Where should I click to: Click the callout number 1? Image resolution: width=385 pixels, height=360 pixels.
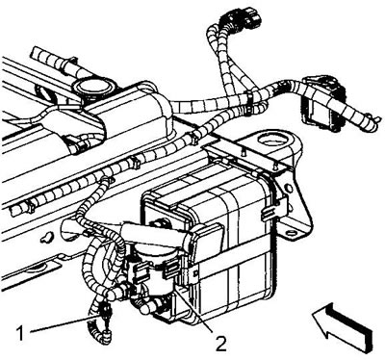[20, 334]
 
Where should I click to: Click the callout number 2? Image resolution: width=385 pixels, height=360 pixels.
[221, 344]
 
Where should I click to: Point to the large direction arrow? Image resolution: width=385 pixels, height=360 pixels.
[343, 326]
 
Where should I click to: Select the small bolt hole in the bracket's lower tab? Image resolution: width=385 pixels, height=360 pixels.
[293, 233]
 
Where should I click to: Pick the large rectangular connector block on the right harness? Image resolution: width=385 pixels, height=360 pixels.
[322, 103]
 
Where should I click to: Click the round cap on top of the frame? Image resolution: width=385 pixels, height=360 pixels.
[92, 86]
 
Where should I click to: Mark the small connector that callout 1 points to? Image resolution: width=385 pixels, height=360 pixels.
[106, 312]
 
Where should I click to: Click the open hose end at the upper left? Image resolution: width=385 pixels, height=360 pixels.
[35, 54]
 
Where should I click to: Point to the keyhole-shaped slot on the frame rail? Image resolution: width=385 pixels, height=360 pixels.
[47, 238]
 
